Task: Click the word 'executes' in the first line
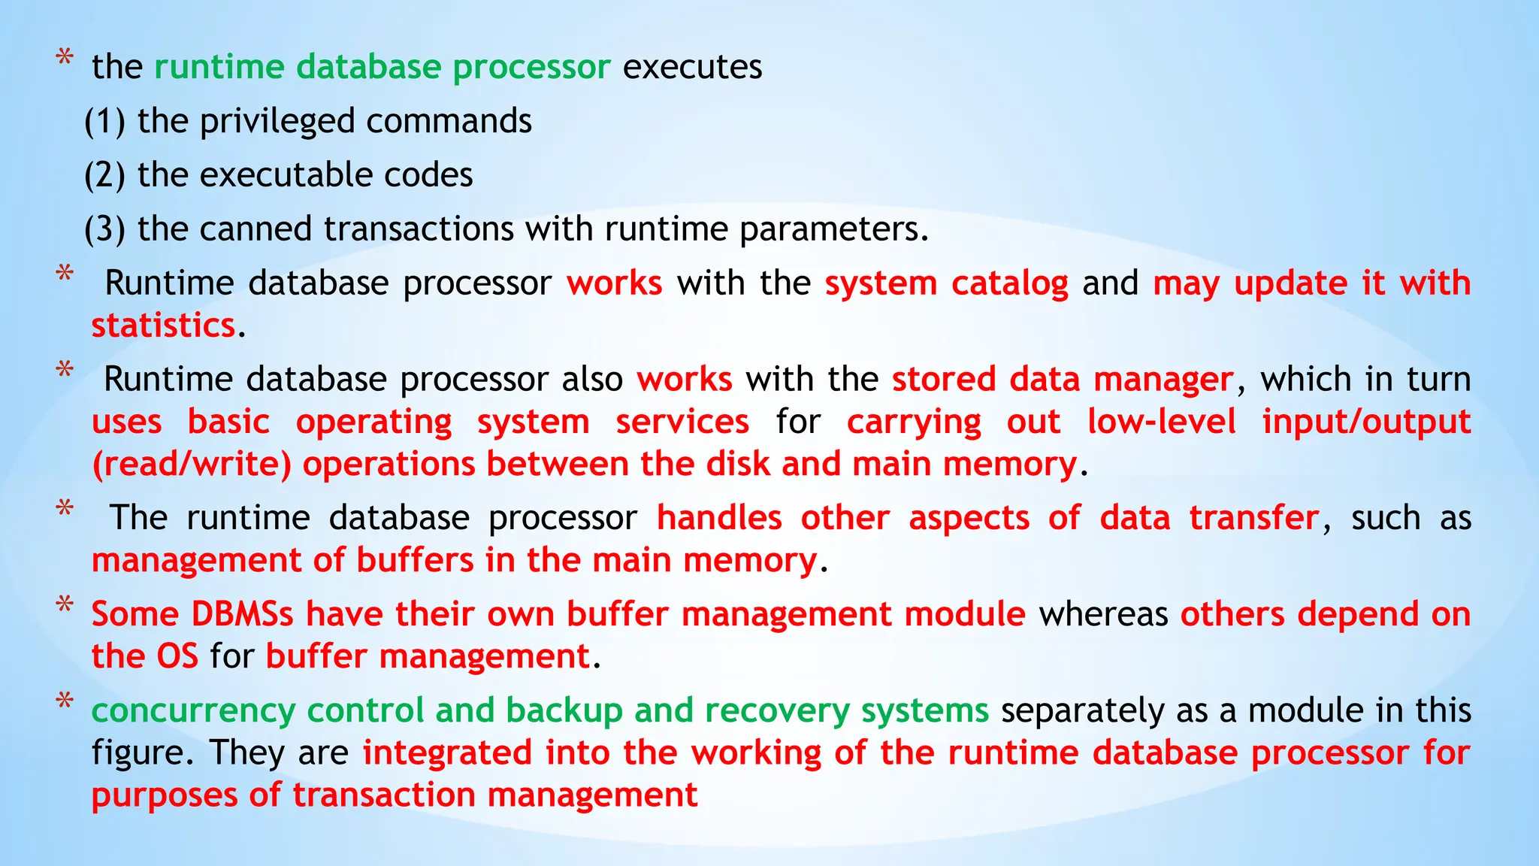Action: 692,67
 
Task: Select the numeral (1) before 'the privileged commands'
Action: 104,122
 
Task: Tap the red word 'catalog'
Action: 1009,283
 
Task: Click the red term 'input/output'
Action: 1365,422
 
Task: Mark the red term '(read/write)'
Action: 192,465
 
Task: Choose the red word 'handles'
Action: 719,518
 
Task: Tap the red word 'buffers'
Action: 415,560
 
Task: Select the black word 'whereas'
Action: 1103,614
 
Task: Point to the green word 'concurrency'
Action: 194,710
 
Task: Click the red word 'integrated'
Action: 448,752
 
